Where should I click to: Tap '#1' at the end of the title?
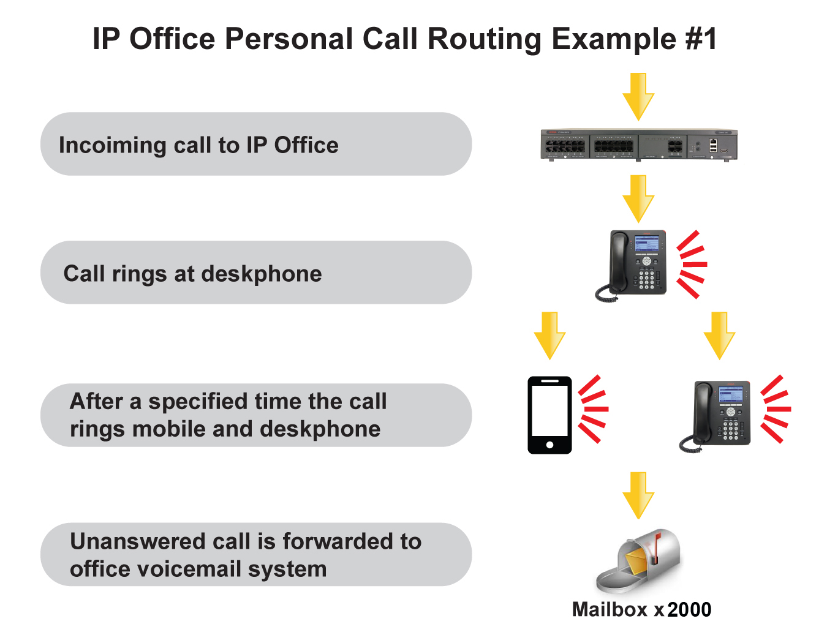(x=700, y=39)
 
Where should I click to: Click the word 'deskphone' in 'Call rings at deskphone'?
(x=261, y=274)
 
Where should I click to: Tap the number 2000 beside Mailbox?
(x=689, y=610)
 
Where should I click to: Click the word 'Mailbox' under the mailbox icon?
(x=610, y=610)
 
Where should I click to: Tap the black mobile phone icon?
(x=549, y=415)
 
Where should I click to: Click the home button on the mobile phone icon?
(x=549, y=445)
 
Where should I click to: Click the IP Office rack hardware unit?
(x=638, y=145)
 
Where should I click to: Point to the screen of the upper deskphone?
(x=647, y=243)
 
